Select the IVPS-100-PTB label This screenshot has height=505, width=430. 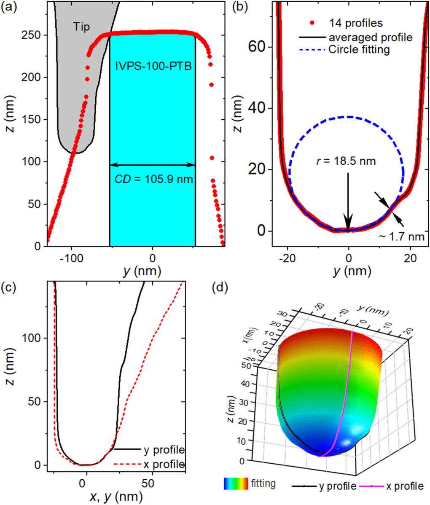pos(152,66)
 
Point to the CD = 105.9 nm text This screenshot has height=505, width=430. pos(154,180)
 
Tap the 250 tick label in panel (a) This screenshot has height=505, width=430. pos(32,35)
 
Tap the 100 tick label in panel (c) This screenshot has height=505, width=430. pos(32,338)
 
